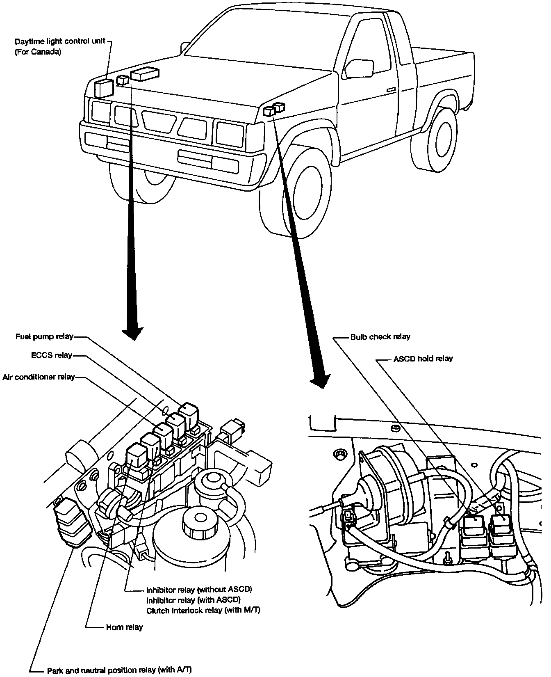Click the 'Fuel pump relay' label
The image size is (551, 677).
(44, 336)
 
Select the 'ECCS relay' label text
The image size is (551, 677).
(52, 355)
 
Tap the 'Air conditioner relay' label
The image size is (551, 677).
(39, 377)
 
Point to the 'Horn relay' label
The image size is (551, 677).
(124, 627)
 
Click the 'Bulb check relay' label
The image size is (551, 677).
(380, 337)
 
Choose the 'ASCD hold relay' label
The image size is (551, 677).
(423, 359)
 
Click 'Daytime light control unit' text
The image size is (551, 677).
(60, 41)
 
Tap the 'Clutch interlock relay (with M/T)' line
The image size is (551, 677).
(203, 610)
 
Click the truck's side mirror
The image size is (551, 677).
(359, 68)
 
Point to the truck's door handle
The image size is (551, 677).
(390, 89)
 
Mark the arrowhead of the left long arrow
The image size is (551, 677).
(133, 333)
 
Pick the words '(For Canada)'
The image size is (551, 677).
(38, 53)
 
